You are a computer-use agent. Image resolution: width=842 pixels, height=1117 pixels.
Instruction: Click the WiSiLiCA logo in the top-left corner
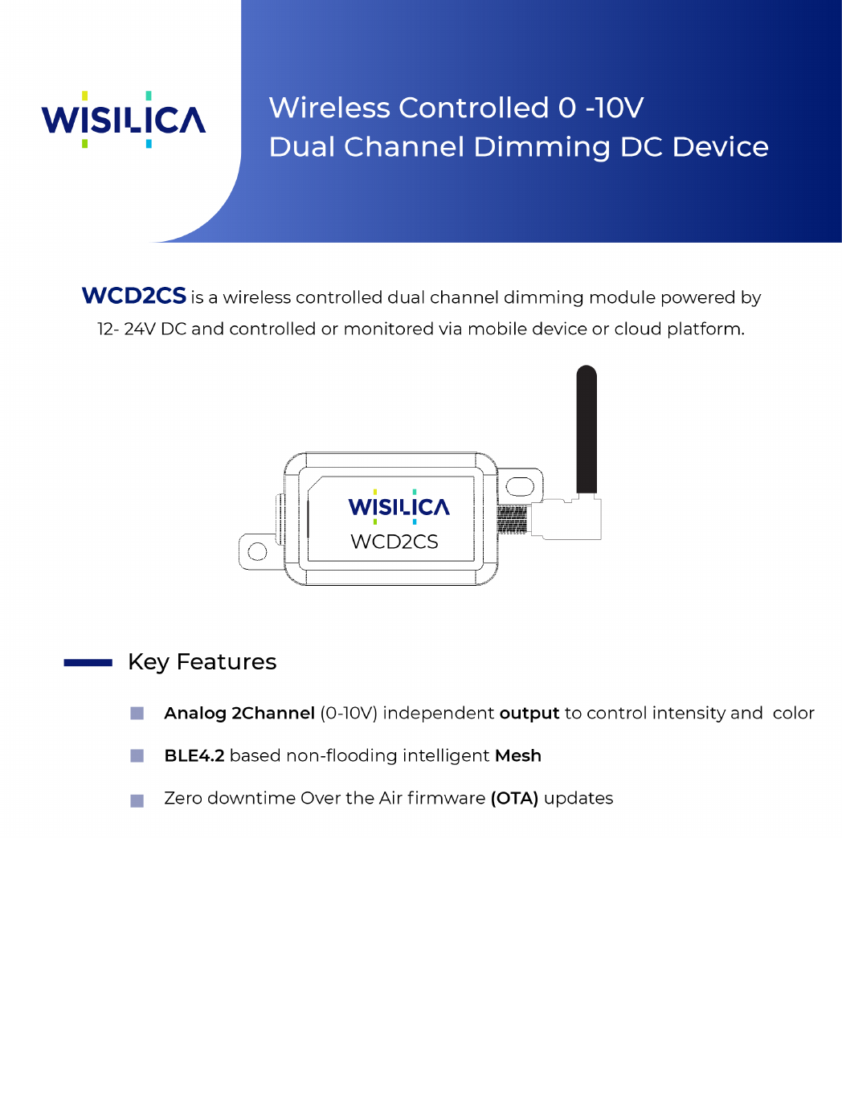pyautogui.click(x=124, y=120)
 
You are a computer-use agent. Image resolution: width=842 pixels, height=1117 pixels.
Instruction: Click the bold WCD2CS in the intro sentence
pyautogui.click(x=134, y=296)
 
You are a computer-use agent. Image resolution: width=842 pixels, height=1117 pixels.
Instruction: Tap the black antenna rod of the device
pyautogui.click(x=587, y=430)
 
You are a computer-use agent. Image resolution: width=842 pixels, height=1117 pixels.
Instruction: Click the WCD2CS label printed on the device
pyautogui.click(x=394, y=542)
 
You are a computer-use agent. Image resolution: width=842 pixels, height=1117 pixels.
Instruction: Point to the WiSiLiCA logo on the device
pyautogui.click(x=399, y=506)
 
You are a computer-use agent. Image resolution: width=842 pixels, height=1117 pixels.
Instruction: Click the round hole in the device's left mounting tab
pyautogui.click(x=257, y=552)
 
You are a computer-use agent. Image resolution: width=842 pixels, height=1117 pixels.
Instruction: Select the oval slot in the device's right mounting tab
pyautogui.click(x=520, y=486)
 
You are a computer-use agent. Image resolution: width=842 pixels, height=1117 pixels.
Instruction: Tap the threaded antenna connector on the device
pyautogui.click(x=512, y=519)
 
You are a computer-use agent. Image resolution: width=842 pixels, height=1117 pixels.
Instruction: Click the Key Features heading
pyautogui.click(x=202, y=662)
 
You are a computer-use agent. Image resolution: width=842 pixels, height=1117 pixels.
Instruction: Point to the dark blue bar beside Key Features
pyautogui.click(x=88, y=663)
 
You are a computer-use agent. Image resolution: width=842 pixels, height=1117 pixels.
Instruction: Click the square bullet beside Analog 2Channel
pyautogui.click(x=137, y=714)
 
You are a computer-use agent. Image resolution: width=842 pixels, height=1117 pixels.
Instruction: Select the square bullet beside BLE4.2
pyautogui.click(x=137, y=756)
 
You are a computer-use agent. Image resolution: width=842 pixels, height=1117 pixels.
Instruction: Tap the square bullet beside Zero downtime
pyautogui.click(x=137, y=800)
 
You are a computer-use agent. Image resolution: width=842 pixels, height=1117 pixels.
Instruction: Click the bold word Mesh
pyautogui.click(x=518, y=756)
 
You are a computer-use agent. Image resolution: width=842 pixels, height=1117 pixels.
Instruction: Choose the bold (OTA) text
pyautogui.click(x=514, y=799)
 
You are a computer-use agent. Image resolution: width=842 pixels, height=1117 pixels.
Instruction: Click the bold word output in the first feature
pyautogui.click(x=529, y=714)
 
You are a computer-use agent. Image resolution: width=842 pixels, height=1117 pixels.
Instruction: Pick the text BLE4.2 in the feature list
pyautogui.click(x=194, y=756)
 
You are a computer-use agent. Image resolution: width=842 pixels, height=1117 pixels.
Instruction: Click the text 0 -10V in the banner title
pyautogui.click(x=601, y=108)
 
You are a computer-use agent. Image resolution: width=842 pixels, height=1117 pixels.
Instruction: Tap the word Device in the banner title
pyautogui.click(x=721, y=147)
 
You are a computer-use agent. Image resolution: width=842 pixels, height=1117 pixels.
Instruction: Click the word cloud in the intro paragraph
pyautogui.click(x=638, y=329)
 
